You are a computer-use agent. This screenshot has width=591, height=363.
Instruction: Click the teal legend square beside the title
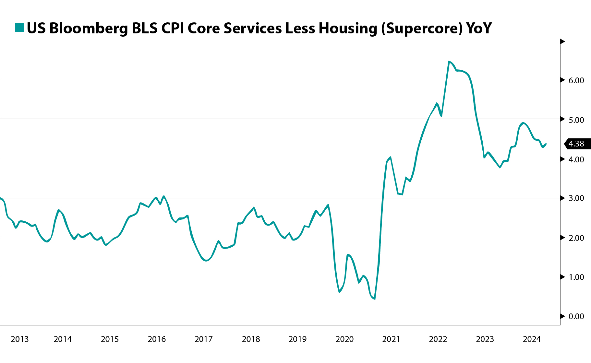coord(20,28)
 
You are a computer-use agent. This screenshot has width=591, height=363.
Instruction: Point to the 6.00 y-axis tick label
coord(576,80)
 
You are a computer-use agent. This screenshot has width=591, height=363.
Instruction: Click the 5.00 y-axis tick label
coord(576,120)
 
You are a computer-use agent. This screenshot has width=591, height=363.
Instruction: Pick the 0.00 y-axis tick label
coord(576,317)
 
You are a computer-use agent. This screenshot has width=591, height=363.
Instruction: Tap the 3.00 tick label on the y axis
coord(576,198)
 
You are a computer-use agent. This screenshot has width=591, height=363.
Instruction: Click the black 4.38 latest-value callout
coord(577,144)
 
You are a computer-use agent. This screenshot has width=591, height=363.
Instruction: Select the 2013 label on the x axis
coord(20,339)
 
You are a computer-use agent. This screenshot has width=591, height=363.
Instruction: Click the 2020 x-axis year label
coord(344,339)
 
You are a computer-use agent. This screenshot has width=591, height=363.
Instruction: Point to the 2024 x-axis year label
coord(532,339)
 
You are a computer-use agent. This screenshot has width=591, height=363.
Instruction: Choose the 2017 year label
coord(203,339)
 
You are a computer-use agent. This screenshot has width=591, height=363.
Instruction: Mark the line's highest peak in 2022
coord(449,61)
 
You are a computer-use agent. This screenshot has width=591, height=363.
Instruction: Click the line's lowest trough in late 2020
coord(375,299)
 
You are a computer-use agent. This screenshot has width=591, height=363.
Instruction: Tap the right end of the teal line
coord(546,144)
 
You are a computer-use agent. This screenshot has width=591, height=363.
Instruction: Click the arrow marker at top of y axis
coord(562,41)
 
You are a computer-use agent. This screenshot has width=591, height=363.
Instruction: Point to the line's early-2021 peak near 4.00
coord(391,157)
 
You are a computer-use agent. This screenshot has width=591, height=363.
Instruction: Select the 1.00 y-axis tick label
coord(576,277)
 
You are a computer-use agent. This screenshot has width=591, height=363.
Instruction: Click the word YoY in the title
coord(479,29)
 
